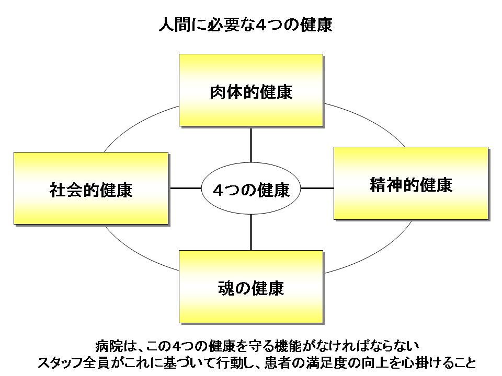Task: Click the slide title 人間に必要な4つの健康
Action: click(245, 25)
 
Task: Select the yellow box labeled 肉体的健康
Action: click(250, 90)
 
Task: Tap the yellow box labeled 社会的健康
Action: click(91, 188)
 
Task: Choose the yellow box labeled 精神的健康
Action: click(410, 183)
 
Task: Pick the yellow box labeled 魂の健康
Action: click(250, 286)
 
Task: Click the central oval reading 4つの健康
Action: click(251, 189)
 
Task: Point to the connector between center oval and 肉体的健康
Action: click(251, 144)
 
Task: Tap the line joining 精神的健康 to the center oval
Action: click(317, 188)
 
